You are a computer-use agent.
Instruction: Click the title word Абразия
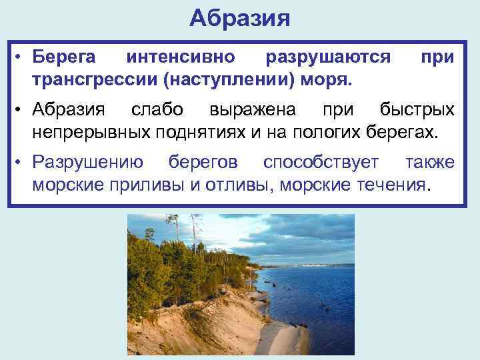[239, 18]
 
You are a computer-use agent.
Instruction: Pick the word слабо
[158, 109]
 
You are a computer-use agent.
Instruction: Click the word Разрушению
[87, 162]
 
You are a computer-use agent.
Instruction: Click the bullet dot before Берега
[21, 57]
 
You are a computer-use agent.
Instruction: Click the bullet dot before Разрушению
[21, 162]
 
